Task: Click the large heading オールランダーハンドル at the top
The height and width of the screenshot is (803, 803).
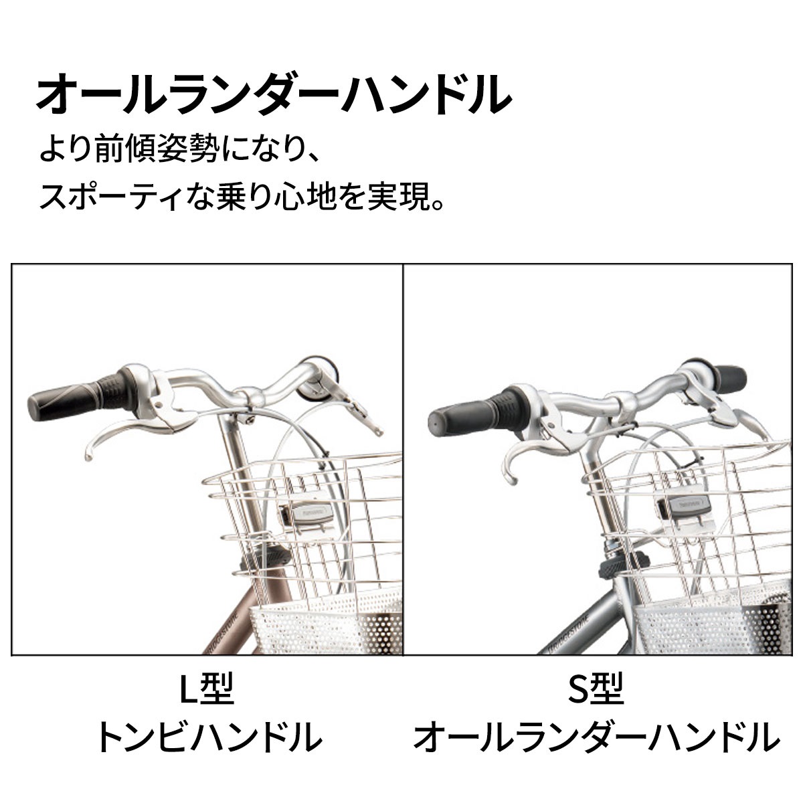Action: coord(274,94)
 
